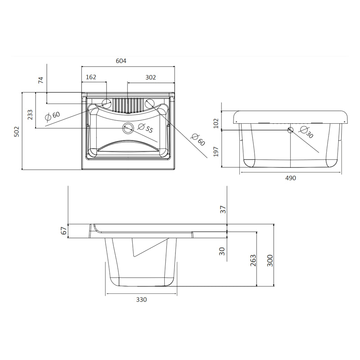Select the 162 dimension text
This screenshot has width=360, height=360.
91,77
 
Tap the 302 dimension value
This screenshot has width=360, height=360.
150,77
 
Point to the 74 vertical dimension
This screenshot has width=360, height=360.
40,81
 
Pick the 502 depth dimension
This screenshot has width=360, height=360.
17,131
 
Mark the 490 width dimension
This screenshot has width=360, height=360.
291,178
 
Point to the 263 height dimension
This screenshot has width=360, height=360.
253,260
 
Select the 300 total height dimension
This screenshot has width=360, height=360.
270,260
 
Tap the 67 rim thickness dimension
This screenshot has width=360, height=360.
63,231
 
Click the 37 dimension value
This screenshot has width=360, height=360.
222,209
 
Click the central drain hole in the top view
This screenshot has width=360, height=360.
128,128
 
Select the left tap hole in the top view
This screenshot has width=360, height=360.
107,103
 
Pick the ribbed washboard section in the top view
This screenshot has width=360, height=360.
128,105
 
